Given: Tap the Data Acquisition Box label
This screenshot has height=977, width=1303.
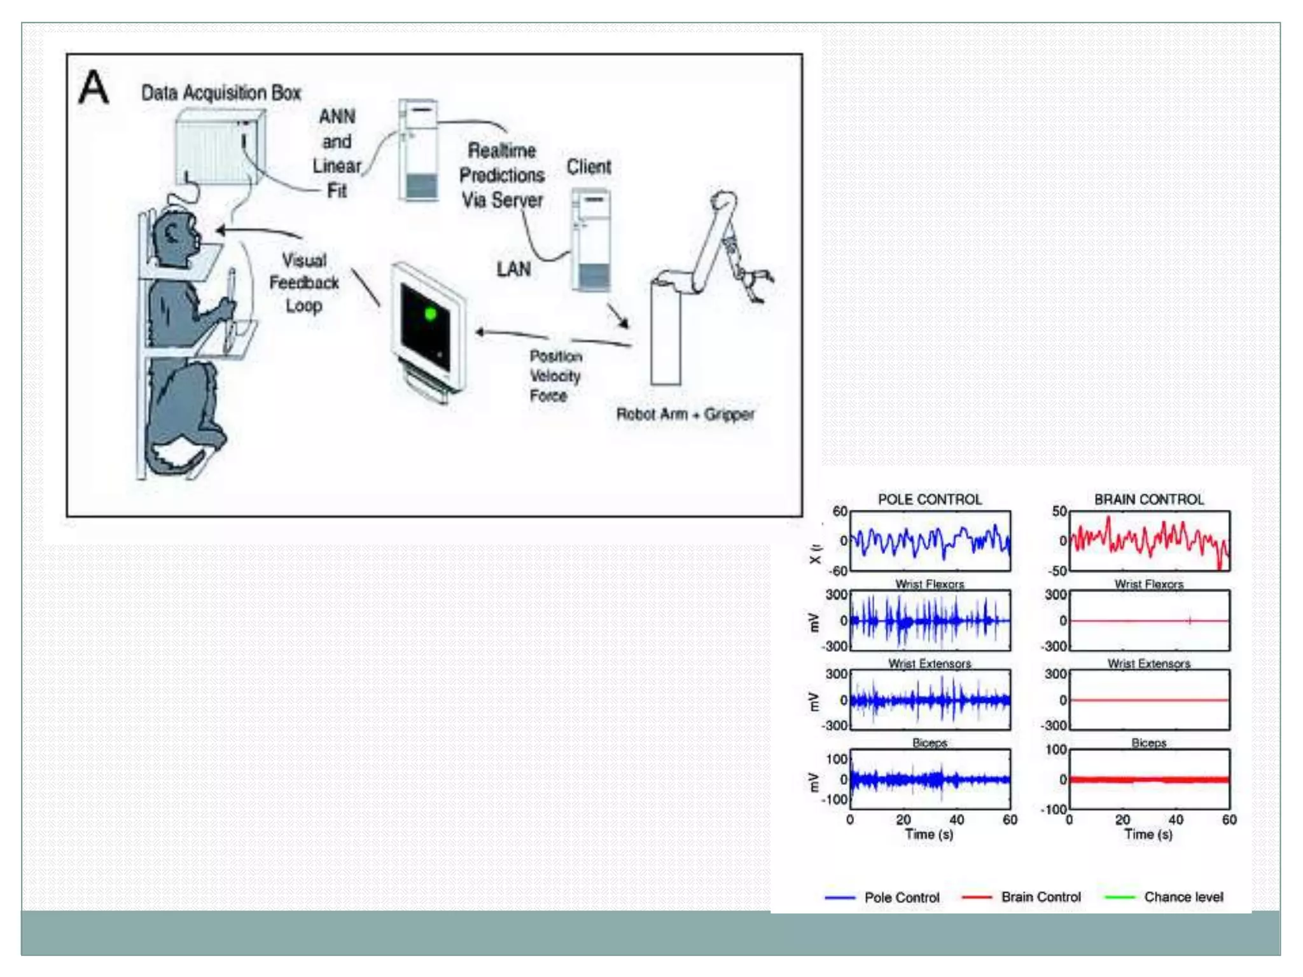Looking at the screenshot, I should [x=221, y=93].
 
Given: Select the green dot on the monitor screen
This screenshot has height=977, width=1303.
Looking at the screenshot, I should [x=431, y=314].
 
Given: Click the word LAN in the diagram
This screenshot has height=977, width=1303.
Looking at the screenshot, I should [x=513, y=269].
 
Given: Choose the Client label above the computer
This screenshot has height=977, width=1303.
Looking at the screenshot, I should [x=589, y=167].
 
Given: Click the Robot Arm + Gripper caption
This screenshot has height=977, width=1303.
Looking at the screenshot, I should [x=685, y=415].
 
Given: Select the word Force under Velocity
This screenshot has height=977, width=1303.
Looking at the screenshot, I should [x=548, y=396].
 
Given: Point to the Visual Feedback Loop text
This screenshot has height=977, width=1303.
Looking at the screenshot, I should [x=304, y=283].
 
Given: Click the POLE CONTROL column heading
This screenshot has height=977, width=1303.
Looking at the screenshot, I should [x=930, y=499].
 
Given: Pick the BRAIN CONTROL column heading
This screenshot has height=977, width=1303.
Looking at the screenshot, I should [x=1149, y=499].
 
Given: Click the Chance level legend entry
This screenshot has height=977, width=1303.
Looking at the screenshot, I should [x=1183, y=897].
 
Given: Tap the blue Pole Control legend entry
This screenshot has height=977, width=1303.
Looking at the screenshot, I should [x=902, y=897].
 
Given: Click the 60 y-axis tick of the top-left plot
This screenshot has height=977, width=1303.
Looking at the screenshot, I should [x=840, y=511].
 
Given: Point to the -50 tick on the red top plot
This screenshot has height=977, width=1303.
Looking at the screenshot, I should [x=1059, y=571].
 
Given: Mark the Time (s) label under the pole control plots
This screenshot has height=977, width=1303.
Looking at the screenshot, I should [x=929, y=834].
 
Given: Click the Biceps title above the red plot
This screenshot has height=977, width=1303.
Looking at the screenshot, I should [x=1148, y=742].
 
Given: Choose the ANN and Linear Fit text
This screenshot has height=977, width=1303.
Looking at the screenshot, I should [x=337, y=153].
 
